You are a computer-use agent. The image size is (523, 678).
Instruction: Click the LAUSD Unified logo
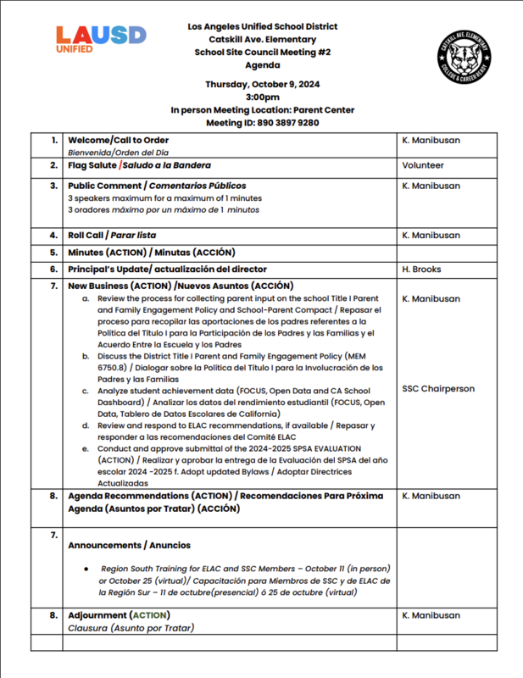[101, 39]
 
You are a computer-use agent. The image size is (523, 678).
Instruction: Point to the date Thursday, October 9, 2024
[262, 84]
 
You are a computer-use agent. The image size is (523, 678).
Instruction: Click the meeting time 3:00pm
[262, 97]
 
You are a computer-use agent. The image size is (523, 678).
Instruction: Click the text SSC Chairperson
[437, 389]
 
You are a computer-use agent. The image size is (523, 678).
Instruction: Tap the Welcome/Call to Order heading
[118, 140]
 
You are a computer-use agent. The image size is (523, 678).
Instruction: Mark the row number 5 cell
[55, 252]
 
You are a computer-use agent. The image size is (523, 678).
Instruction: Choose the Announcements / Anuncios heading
[129, 545]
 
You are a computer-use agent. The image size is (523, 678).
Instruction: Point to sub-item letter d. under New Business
[85, 425]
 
